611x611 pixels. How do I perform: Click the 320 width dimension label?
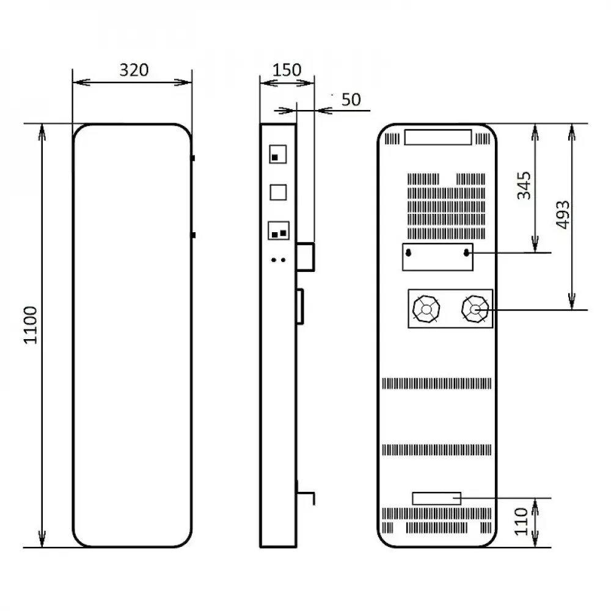(x=133, y=70)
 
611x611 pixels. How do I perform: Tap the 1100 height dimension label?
(x=31, y=324)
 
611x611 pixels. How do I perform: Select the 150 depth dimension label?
(x=287, y=70)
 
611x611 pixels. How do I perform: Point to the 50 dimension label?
(x=351, y=100)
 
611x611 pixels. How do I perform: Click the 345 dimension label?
(x=524, y=186)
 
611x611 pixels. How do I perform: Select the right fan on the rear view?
(x=475, y=309)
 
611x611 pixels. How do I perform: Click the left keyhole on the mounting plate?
(x=409, y=252)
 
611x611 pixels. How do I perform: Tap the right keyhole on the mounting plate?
(x=467, y=252)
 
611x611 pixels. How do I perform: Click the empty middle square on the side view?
(x=278, y=192)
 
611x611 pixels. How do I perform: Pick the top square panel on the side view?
(x=278, y=154)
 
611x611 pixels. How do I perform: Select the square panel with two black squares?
(x=279, y=232)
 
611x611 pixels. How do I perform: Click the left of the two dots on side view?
(x=274, y=260)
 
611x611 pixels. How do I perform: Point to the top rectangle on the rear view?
(x=437, y=137)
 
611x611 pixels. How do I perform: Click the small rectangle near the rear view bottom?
(x=436, y=498)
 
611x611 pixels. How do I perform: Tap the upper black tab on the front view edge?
(x=193, y=158)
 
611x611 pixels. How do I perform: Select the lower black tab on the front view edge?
(x=193, y=235)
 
